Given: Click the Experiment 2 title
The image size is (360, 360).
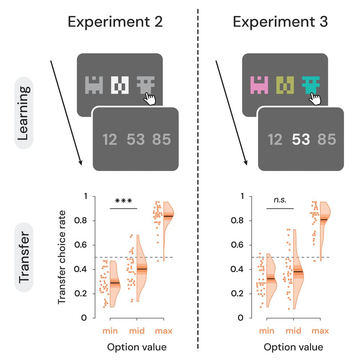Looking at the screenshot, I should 115,22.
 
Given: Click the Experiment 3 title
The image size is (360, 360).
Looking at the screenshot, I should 280,22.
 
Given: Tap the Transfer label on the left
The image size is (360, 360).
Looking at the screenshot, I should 23,258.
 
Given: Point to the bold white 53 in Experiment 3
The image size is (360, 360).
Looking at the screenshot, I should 301,139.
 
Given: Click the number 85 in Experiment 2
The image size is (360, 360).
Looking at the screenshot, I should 161,139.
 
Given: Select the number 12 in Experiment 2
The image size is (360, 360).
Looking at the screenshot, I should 109,139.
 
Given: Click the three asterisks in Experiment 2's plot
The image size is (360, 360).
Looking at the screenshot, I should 124,201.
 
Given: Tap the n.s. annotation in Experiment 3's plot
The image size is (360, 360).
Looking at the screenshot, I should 280,200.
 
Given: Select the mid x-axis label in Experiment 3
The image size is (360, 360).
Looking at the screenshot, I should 293,331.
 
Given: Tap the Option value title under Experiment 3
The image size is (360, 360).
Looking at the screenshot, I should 293,347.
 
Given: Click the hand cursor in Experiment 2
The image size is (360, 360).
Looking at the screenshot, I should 148,98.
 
